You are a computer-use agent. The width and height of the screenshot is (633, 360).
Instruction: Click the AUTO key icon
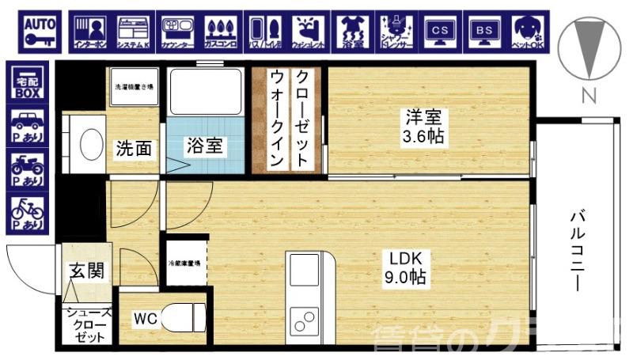coord(37,31)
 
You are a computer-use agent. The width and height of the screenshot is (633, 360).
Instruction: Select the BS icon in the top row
coord(482,31)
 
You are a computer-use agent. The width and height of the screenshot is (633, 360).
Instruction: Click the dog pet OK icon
coord(525,31)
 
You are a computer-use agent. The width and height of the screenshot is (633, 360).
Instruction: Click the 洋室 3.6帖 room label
coord(423,127)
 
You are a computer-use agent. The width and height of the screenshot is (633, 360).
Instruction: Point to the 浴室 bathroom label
coord(203,146)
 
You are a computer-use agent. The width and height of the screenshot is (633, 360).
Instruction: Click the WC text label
coord(144,319)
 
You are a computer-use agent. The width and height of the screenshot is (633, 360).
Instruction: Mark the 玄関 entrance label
coord(85,271)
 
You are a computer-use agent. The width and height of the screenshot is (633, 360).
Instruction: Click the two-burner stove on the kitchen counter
coord(304,320)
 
